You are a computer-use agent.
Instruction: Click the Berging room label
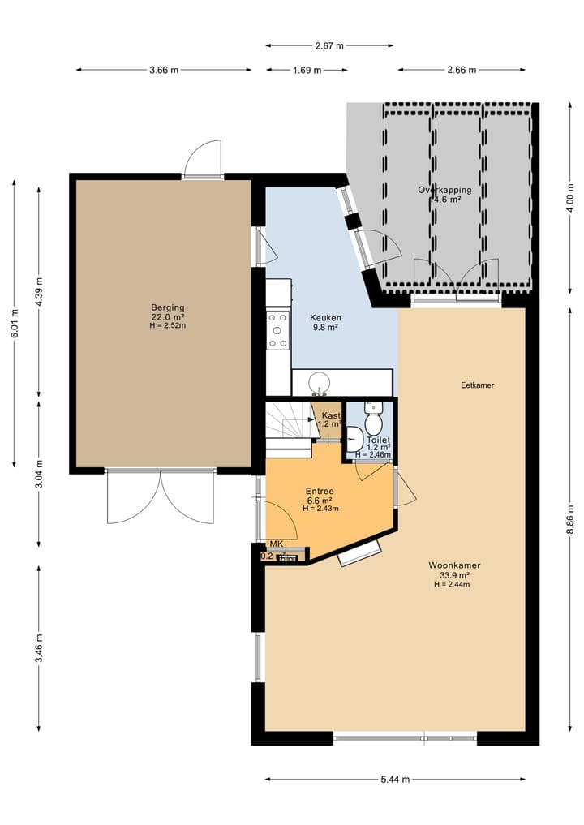pyautogui.click(x=168, y=307)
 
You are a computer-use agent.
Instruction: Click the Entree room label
pyautogui.click(x=320, y=492)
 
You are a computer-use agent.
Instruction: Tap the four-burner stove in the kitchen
pyautogui.click(x=278, y=330)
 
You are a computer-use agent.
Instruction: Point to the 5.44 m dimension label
pyautogui.click(x=395, y=780)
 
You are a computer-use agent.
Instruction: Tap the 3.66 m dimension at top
pyautogui.click(x=164, y=70)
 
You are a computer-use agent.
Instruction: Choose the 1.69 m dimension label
pyautogui.click(x=306, y=70)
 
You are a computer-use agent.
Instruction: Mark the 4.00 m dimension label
pyautogui.click(x=570, y=199)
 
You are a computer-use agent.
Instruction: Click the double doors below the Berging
pyautogui.click(x=160, y=496)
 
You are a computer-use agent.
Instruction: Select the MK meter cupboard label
pyautogui.click(x=276, y=544)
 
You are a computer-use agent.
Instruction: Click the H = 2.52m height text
pyautogui.click(x=168, y=325)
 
